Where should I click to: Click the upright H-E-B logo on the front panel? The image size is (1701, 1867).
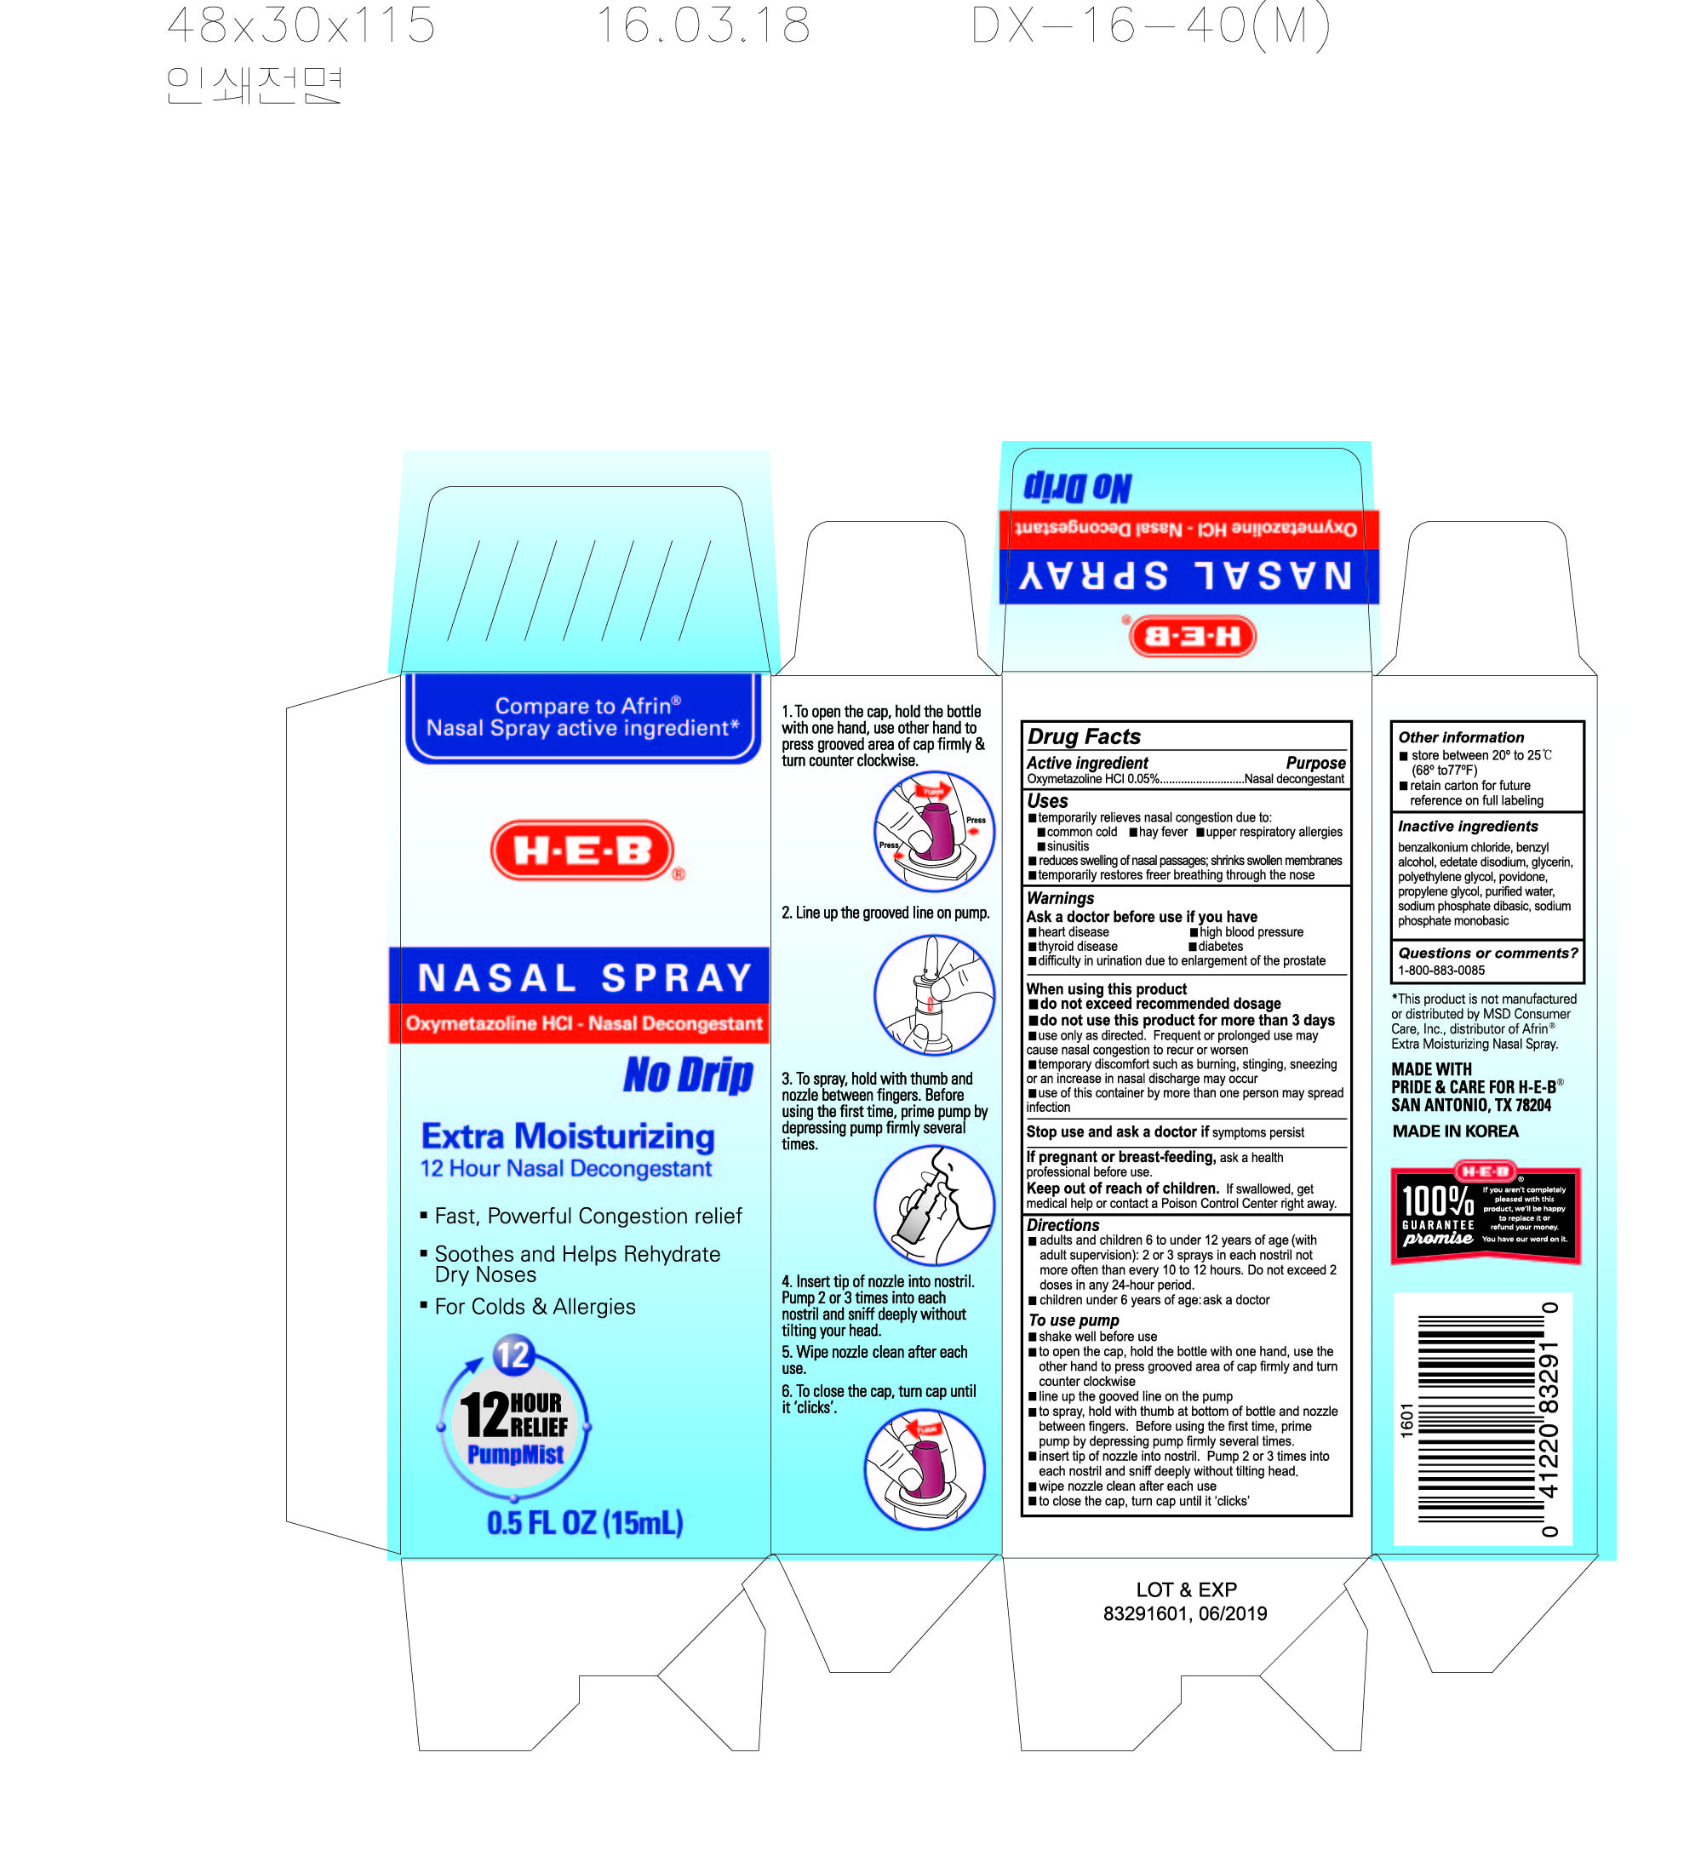coord(582,850)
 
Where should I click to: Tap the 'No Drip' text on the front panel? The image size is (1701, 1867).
coord(688,1075)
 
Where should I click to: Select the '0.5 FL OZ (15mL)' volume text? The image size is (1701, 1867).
coord(584,1523)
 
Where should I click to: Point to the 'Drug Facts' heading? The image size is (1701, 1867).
coord(1084,736)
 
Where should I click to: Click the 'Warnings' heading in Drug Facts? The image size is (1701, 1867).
coord(1059,898)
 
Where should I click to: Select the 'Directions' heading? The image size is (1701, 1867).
coord(1062,1225)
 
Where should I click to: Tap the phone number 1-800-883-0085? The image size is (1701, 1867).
coord(1440,971)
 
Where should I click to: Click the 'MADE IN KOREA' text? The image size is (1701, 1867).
coord(1455,1131)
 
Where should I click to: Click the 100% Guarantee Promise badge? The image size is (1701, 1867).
coord(1486,1212)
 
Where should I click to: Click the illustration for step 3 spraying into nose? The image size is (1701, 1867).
coord(933,1205)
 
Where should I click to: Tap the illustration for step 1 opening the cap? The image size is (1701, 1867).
coord(933,832)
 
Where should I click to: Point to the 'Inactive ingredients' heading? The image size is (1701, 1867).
coord(1468,826)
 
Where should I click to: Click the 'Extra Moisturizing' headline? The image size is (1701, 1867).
coord(568,1137)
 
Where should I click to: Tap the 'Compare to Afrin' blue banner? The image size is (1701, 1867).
coord(582,718)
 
